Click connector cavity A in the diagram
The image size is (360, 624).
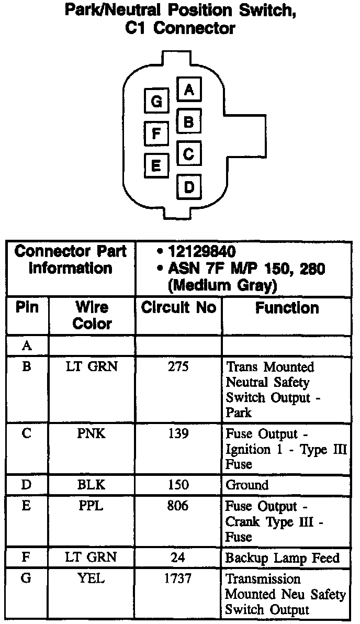[189, 90]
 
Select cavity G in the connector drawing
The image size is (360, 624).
[156, 101]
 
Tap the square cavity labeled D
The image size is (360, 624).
[189, 186]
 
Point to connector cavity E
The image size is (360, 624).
[156, 165]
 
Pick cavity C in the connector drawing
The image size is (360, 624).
[189, 154]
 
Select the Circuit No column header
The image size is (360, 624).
[178, 308]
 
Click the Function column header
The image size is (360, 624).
[287, 308]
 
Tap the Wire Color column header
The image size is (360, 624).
[92, 315]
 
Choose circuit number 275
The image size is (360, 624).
[178, 367]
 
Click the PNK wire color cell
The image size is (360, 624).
[92, 434]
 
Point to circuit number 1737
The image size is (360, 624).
[178, 579]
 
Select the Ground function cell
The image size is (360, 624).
[247, 485]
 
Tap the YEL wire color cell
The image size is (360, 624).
[92, 579]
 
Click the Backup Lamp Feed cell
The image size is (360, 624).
[283, 558]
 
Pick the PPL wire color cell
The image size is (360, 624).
[92, 506]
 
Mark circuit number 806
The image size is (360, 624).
[178, 506]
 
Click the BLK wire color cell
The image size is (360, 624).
[92, 485]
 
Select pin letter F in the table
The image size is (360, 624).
[26, 558]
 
